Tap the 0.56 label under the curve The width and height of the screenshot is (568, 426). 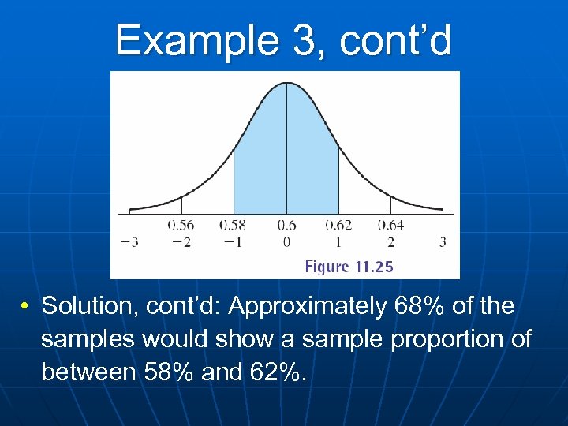(x=181, y=226)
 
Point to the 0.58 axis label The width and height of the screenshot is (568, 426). (x=234, y=226)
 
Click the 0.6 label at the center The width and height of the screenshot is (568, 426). (x=286, y=226)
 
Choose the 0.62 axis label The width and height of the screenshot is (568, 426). (x=339, y=226)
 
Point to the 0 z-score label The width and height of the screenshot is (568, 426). (x=286, y=242)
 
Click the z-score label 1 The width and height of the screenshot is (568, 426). (x=339, y=242)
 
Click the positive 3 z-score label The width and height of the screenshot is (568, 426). (x=443, y=242)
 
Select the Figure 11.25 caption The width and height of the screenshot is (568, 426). (x=349, y=267)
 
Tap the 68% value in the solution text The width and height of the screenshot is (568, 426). (x=414, y=306)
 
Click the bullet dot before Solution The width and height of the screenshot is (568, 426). (x=26, y=307)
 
